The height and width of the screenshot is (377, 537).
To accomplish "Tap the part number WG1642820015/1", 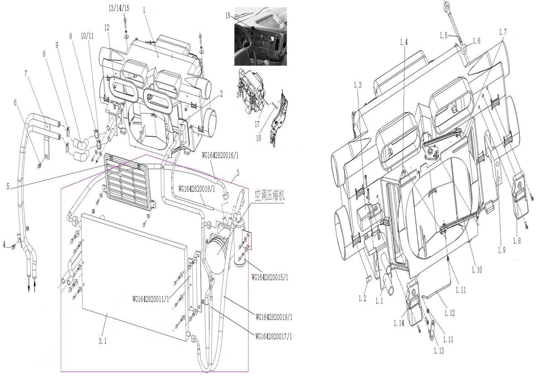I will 269,277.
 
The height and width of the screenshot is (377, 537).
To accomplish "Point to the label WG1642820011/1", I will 151,299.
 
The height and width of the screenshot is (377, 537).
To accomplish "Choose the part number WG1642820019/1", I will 274,316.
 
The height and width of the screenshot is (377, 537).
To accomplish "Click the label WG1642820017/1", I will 274,336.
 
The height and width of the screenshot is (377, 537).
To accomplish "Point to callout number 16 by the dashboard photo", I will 227,15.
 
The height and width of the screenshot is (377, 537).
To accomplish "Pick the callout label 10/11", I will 87,35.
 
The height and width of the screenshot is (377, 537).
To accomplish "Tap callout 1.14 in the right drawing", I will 399,323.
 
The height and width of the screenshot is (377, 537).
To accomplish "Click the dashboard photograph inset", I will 260,36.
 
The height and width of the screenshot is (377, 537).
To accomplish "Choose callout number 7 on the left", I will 27,73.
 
